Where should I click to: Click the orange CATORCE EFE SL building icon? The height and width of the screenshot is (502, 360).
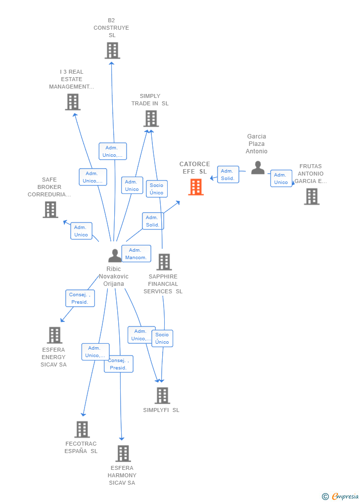196,187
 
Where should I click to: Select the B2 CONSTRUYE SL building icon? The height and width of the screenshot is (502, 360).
112,50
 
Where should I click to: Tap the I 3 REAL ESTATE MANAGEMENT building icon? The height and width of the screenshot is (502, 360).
73,102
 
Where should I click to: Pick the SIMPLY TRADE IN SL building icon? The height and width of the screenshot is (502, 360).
151,119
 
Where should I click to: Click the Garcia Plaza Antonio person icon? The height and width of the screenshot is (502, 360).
258,168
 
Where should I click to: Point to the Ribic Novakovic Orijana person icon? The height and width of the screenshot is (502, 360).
115,256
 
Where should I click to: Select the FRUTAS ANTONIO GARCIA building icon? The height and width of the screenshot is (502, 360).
312,196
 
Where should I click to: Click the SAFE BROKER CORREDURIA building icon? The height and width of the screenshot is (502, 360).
50,210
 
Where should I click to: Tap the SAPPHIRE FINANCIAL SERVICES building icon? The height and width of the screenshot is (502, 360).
164,262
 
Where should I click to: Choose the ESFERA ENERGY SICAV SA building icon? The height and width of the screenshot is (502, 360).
54,335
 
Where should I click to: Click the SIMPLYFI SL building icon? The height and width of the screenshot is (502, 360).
162,396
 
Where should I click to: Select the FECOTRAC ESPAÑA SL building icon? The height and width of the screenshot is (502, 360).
82,429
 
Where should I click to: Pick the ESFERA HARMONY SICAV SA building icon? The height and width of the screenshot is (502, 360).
123,454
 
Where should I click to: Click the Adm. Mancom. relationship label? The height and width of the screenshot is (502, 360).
136,254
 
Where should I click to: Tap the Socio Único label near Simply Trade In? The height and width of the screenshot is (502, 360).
157,189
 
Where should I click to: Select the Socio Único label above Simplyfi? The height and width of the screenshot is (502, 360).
162,338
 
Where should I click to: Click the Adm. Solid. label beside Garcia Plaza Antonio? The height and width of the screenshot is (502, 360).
227,175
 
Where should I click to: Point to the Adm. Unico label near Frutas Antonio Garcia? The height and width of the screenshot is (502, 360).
281,179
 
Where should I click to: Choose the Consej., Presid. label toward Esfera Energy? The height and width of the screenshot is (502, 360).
80,298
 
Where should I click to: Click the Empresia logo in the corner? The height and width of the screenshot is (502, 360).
341,496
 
